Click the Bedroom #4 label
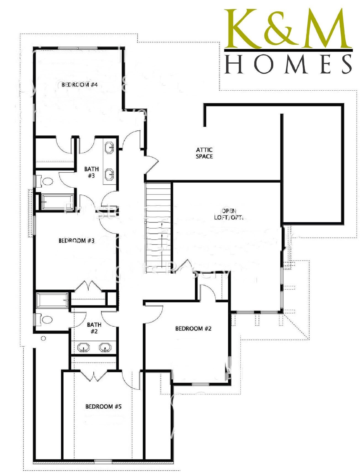click(x=80, y=85)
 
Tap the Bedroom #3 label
click(x=76, y=240)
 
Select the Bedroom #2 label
click(x=193, y=328)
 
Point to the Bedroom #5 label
click(x=103, y=406)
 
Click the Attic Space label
click(x=204, y=153)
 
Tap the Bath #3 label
click(x=91, y=172)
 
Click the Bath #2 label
click(x=94, y=328)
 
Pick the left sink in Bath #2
click(x=83, y=347)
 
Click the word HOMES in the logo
click(x=288, y=64)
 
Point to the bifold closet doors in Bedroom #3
click(x=88, y=286)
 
